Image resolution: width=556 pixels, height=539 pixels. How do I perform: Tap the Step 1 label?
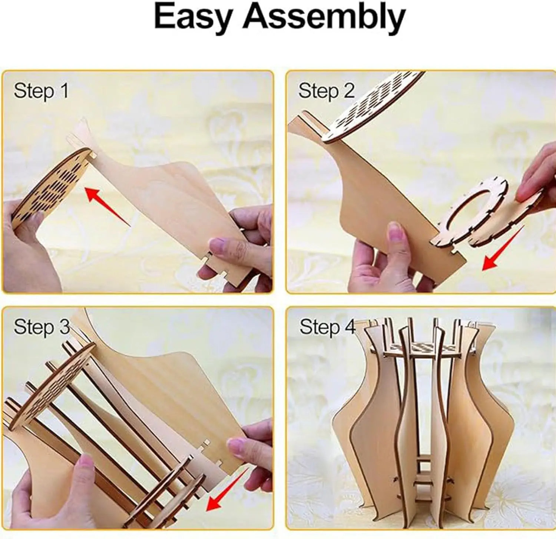pyautogui.click(x=41, y=91)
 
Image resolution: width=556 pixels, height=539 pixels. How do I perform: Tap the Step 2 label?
pyautogui.click(x=326, y=91)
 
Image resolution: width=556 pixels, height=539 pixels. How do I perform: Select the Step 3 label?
pyautogui.click(x=42, y=327)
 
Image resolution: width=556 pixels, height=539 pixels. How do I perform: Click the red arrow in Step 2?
pyautogui.click(x=502, y=248)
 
